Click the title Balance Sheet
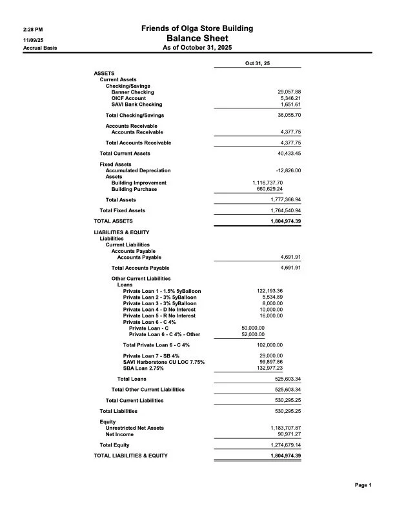(x=197, y=38)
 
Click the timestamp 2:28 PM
(x=34, y=29)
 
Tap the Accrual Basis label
(x=39, y=48)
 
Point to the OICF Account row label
(x=129, y=98)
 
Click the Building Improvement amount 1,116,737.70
(x=267, y=183)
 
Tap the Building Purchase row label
(x=134, y=189)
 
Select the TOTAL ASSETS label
(x=113, y=221)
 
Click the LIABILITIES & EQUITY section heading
(x=121, y=232)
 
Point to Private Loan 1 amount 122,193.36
(x=270, y=291)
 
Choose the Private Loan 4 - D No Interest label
(x=159, y=309)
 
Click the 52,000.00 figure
(x=252, y=334)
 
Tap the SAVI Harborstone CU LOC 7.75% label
(x=164, y=362)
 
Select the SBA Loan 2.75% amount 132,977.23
(x=270, y=368)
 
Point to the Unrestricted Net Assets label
(x=134, y=428)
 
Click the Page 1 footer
(x=363, y=485)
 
